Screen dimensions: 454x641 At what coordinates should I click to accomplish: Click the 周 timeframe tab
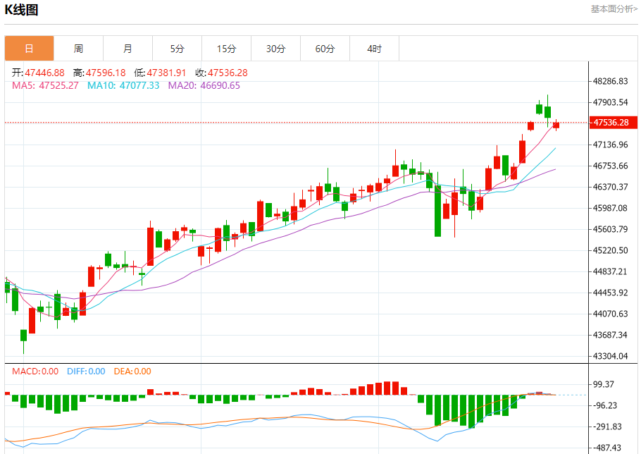[x=78, y=49]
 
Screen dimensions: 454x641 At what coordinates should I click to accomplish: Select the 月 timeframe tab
[x=127, y=49]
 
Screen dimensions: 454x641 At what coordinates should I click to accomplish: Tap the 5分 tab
[x=177, y=49]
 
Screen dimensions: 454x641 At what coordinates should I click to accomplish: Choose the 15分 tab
[x=226, y=49]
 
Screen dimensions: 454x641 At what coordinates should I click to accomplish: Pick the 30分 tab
[x=275, y=49]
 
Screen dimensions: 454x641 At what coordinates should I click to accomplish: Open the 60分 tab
[x=325, y=49]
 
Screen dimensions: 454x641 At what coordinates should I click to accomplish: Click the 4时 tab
[x=374, y=49]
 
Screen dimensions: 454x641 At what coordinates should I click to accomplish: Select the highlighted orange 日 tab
[x=29, y=49]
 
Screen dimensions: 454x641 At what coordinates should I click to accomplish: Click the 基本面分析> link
[x=614, y=9]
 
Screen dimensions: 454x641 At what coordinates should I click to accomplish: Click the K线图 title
[x=22, y=10]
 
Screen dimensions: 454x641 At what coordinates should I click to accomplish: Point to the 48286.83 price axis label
[x=611, y=81]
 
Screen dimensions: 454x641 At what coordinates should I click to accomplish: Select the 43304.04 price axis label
[x=611, y=356]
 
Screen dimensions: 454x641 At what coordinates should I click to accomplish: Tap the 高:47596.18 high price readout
[x=99, y=73]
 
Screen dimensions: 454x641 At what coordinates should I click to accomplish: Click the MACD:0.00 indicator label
[x=35, y=372]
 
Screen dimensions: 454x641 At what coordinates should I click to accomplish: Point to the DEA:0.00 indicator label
[x=132, y=372]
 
